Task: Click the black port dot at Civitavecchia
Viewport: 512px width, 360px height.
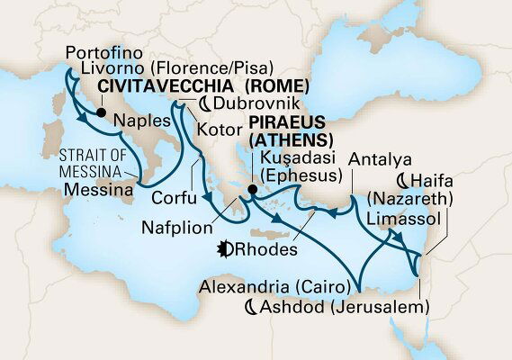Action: (101, 113)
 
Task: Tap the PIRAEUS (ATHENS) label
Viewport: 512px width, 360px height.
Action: (292, 130)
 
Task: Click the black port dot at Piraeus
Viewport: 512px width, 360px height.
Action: (252, 191)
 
